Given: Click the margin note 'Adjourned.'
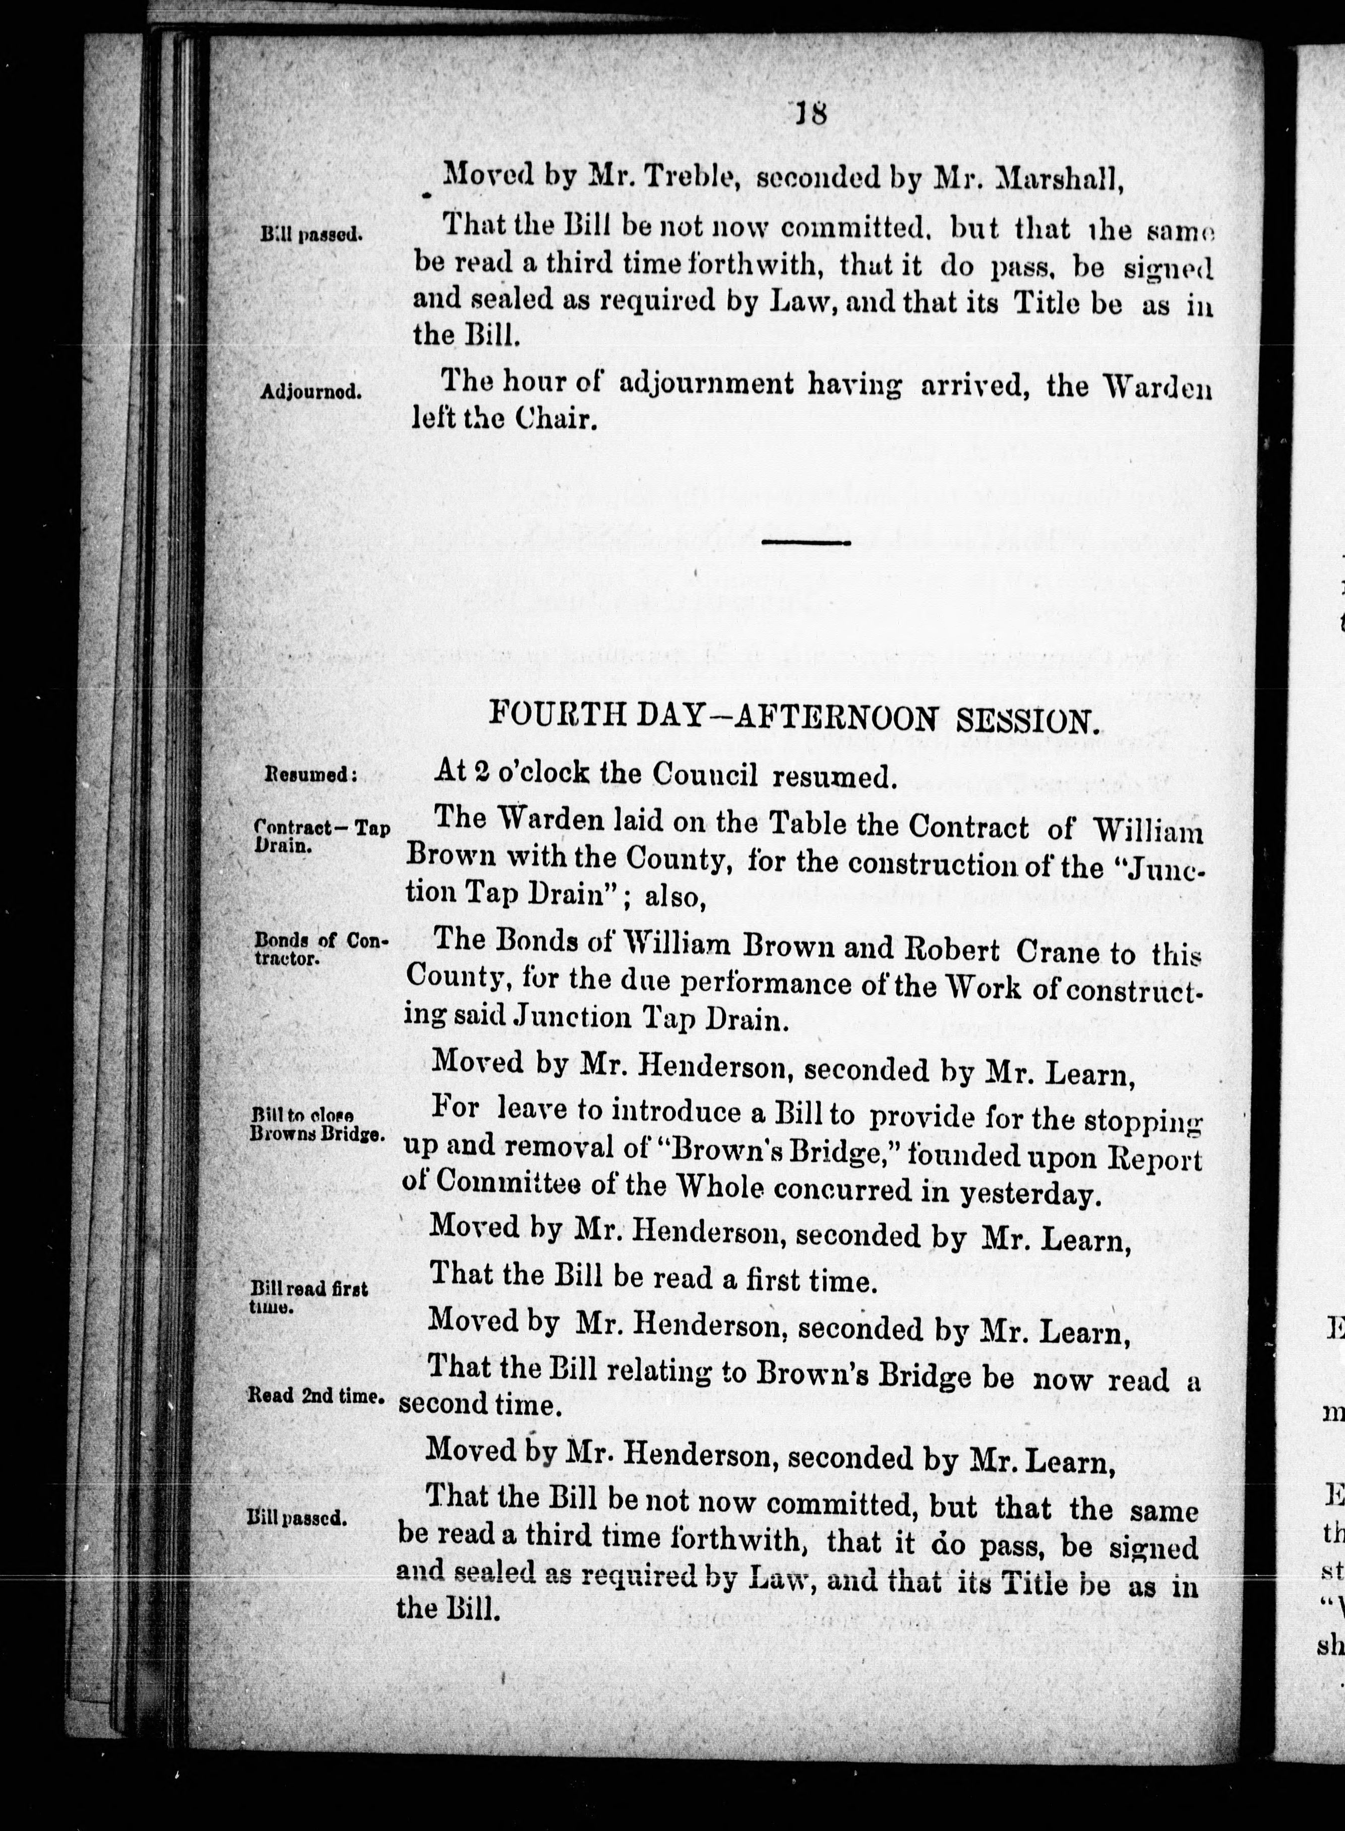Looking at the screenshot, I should [310, 392].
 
